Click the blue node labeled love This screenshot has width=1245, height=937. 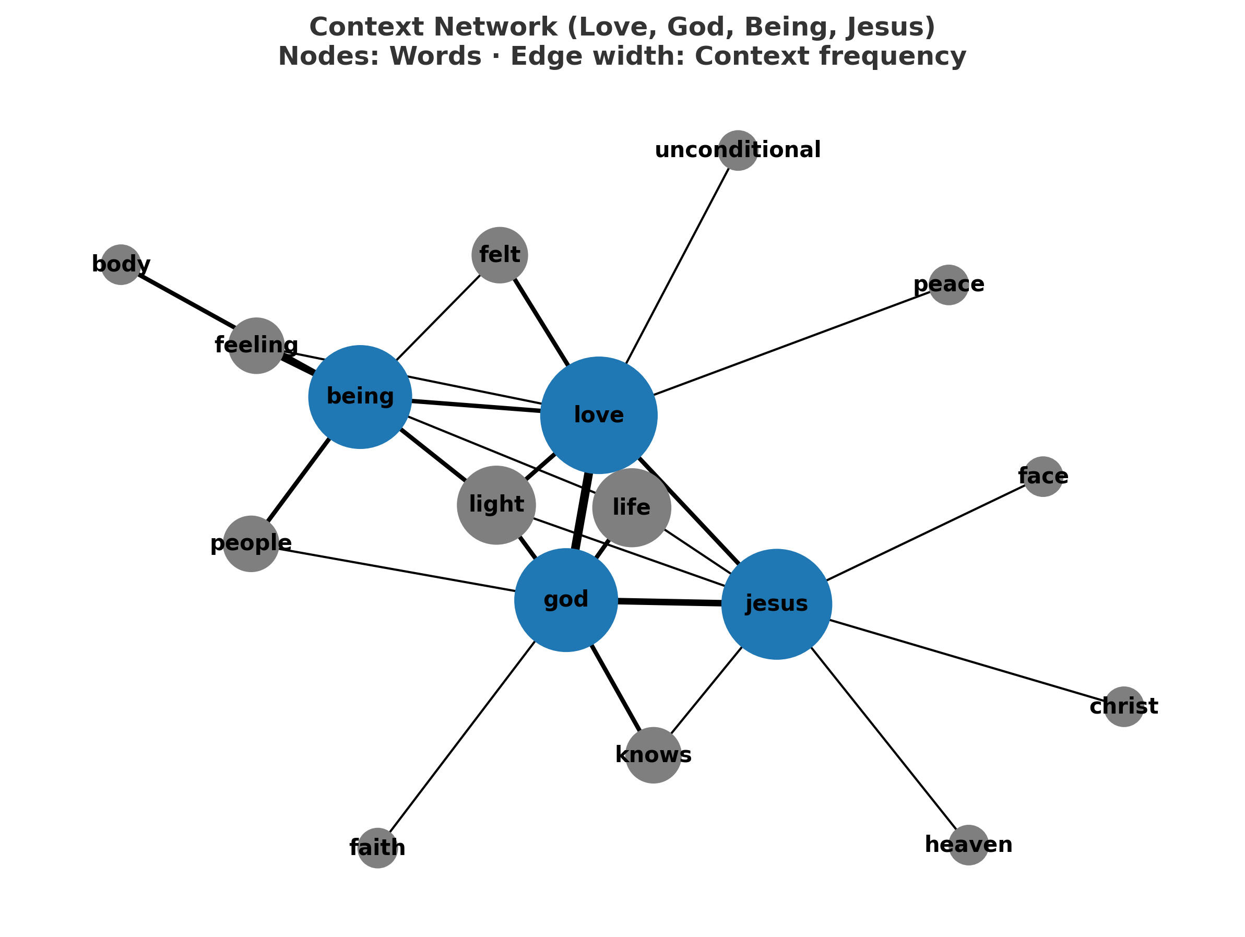click(x=598, y=416)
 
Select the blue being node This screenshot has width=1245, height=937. click(x=360, y=397)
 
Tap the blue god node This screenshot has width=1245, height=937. click(x=566, y=600)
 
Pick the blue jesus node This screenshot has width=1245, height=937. click(x=776, y=604)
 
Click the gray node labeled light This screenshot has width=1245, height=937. click(x=496, y=505)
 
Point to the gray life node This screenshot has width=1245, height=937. click(x=632, y=507)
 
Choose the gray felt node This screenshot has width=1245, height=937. click(x=499, y=255)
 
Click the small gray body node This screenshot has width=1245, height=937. click(x=121, y=265)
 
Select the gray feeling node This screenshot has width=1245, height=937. click(x=256, y=346)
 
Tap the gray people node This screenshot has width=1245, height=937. click(x=251, y=543)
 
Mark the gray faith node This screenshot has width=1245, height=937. click(x=377, y=848)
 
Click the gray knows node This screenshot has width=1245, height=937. click(x=653, y=755)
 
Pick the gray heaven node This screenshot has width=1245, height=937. click(x=968, y=845)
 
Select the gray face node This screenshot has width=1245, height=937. click(x=1042, y=476)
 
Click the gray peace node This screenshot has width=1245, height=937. click(x=948, y=285)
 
